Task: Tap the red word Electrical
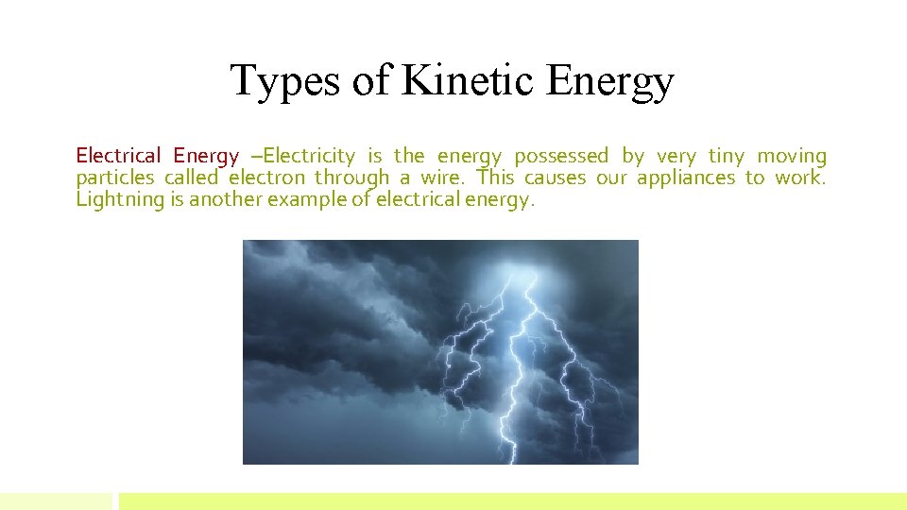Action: tap(118, 156)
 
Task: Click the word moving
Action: tap(792, 156)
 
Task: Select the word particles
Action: tap(114, 178)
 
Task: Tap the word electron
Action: tap(266, 178)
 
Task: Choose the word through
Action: tap(351, 178)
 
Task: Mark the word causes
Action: tap(555, 178)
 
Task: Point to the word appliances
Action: tap(685, 178)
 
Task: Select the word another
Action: tap(227, 199)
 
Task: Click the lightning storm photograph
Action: tap(440, 351)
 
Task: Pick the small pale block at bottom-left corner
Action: tap(56, 501)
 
